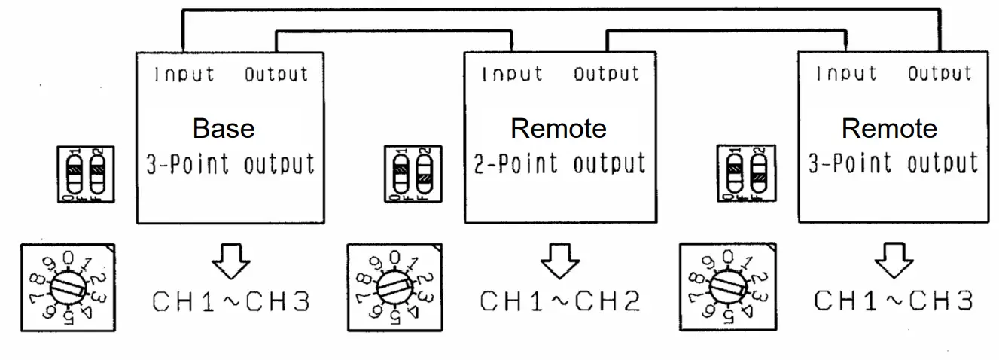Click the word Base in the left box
coord(224,128)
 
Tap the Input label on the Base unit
coord(184,75)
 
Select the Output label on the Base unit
coord(276,75)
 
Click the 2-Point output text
coord(559,163)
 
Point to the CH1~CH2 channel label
coord(560,301)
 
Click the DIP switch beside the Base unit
coord(86,174)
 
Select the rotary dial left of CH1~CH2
coord(393,286)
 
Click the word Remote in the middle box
coord(559,128)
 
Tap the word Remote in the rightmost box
coord(889,128)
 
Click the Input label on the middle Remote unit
coord(512,75)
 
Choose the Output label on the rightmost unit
coord(940,74)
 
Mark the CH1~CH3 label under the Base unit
coord(231,301)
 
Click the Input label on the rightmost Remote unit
coord(847,74)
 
